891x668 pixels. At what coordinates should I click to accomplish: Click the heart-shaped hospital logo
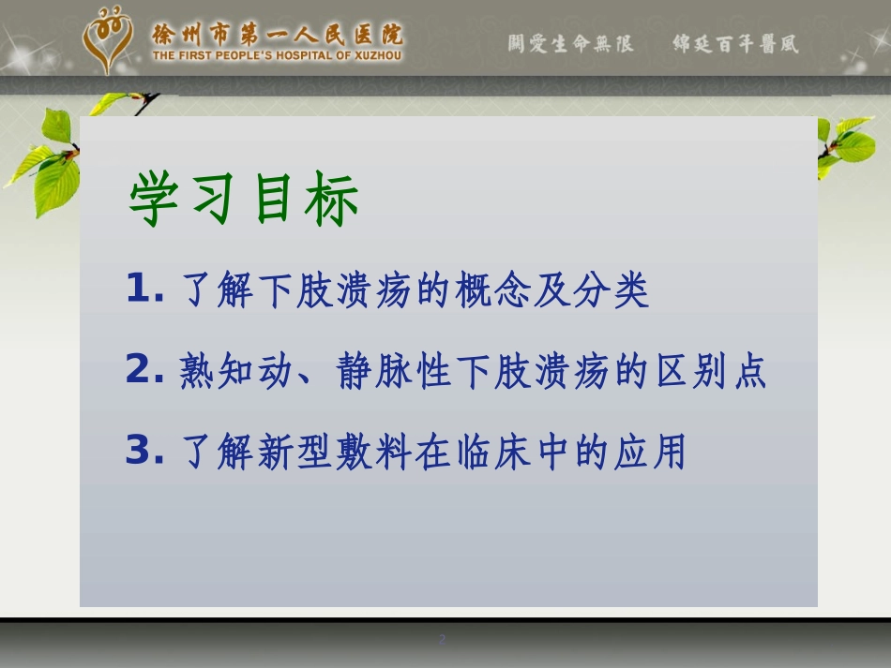pos(108,39)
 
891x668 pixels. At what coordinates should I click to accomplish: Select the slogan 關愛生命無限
pos(570,44)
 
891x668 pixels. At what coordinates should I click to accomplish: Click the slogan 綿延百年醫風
pos(736,44)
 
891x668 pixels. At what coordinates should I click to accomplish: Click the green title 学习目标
pos(244,199)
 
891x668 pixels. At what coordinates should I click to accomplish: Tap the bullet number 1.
pos(144,288)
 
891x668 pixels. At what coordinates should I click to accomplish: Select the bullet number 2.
pos(144,368)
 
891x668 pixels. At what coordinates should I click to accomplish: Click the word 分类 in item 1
pos(611,289)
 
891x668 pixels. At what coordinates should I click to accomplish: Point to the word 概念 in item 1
pos(493,289)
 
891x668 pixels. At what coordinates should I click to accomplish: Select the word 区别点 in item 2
pos(712,371)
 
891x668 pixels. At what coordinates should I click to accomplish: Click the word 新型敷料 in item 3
pos(335,452)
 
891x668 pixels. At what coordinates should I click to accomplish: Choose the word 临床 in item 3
pos(473,452)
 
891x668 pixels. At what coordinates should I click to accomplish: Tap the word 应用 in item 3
pos(649,452)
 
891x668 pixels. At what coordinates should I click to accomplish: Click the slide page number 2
pos(442,639)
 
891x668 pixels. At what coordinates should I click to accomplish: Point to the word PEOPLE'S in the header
pos(243,55)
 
